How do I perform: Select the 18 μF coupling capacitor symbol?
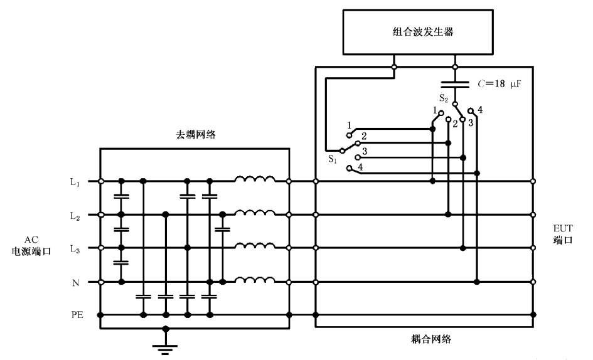click(x=456, y=83)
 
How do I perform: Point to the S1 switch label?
click(x=333, y=159)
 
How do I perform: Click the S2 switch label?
click(x=443, y=98)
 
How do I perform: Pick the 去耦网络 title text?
click(x=195, y=135)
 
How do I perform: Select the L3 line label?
click(x=75, y=248)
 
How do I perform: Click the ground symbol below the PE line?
click(x=165, y=346)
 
